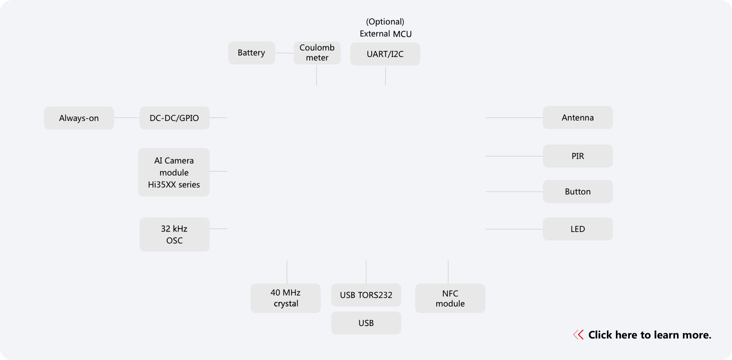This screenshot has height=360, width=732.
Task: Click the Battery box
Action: [x=251, y=53]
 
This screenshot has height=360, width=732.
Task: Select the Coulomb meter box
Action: [x=317, y=53]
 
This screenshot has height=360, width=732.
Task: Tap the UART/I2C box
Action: [x=385, y=54]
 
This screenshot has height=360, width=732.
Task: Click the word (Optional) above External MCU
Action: [x=385, y=21]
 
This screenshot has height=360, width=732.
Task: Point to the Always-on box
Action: [x=79, y=118]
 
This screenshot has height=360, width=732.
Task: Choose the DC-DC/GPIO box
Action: [x=174, y=118]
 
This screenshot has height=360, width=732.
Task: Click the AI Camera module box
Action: [x=174, y=172]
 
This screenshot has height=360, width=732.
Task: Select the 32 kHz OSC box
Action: [x=174, y=234]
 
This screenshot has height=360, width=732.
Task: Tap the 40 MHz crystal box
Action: [x=285, y=298]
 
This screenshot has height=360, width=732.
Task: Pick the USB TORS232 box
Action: [x=366, y=295]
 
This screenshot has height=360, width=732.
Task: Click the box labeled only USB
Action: [x=366, y=323]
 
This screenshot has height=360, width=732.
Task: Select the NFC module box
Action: [x=450, y=298]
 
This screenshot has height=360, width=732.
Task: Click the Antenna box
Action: [x=577, y=117]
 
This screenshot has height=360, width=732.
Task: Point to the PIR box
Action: [x=577, y=156]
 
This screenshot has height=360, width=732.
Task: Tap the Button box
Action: [x=577, y=191]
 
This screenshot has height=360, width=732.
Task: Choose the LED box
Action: [x=577, y=229]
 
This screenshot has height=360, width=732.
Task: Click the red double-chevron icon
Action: [x=578, y=335]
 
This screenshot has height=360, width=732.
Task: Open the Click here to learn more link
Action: [x=649, y=335]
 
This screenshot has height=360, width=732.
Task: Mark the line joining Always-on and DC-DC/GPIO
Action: [x=127, y=118]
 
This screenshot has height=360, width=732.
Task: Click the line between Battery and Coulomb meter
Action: [x=284, y=53]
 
